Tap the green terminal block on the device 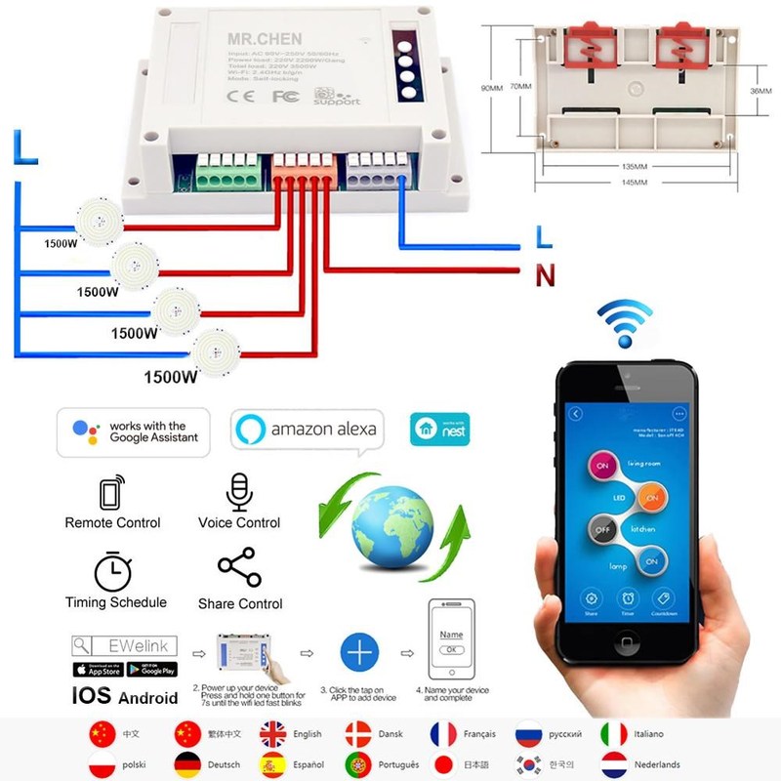tap(226, 174)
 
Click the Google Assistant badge tap(134, 432)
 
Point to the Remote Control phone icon tap(111, 492)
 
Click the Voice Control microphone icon tap(239, 492)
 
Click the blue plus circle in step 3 tap(359, 651)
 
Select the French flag tap(444, 734)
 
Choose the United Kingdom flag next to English tap(273, 734)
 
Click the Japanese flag tap(444, 763)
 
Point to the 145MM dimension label tap(634, 182)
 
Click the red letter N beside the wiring tap(545, 276)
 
